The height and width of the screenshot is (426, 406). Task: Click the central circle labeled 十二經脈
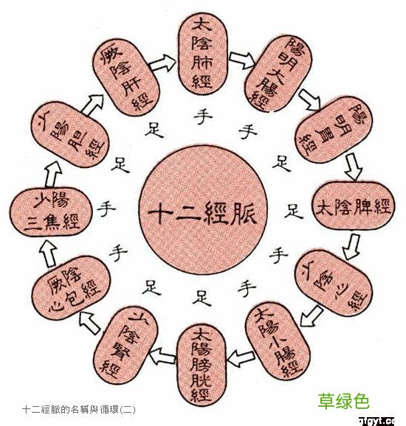click(202, 214)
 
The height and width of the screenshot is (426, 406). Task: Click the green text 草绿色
click(343, 402)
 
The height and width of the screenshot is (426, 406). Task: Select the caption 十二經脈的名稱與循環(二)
click(79, 407)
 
